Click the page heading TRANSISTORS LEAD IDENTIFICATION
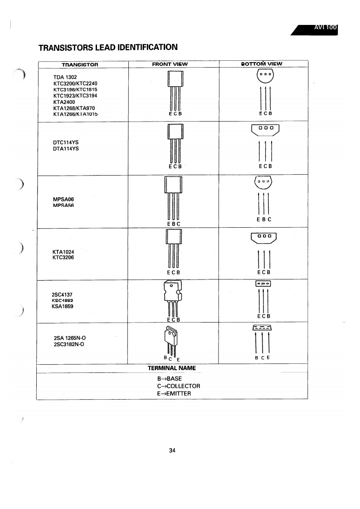(x=107, y=47)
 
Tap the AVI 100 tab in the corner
(x=325, y=28)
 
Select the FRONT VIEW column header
(x=170, y=64)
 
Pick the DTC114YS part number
(x=66, y=142)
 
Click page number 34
(x=172, y=450)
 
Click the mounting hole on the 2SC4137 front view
(x=171, y=286)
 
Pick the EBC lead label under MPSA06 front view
(x=173, y=224)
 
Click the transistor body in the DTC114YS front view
(x=174, y=133)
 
